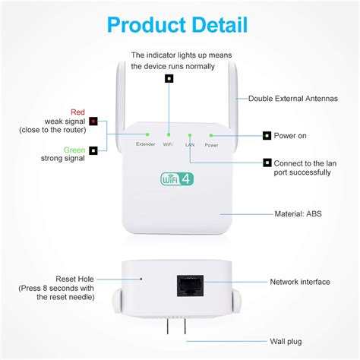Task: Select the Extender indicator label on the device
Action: coord(146,144)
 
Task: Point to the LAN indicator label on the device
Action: coord(189,144)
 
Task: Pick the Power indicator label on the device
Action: coord(210,144)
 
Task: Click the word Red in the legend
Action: coord(77,112)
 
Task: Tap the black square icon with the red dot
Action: coord(93,122)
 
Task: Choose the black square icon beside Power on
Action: coord(267,136)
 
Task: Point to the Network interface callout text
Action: coord(300,282)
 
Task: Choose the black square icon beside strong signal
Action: coord(93,150)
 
